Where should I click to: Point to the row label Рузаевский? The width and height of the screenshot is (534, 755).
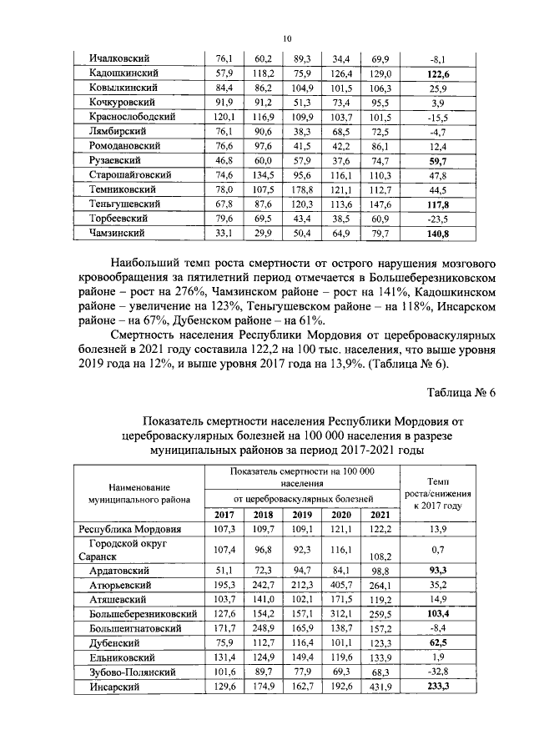pos(114,159)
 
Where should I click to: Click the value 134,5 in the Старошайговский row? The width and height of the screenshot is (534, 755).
pos(264,175)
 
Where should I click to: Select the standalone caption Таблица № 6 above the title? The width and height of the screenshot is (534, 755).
pos(461,394)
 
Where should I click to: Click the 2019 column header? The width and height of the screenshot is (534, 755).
pos(301,514)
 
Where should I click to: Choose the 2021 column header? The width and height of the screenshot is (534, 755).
pos(380,514)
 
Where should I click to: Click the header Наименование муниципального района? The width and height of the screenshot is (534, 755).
pos(133,492)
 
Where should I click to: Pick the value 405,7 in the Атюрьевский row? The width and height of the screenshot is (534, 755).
pos(340,584)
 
